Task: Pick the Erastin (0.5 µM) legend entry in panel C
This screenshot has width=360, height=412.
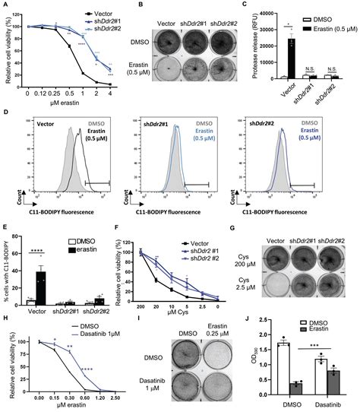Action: (327, 22)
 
